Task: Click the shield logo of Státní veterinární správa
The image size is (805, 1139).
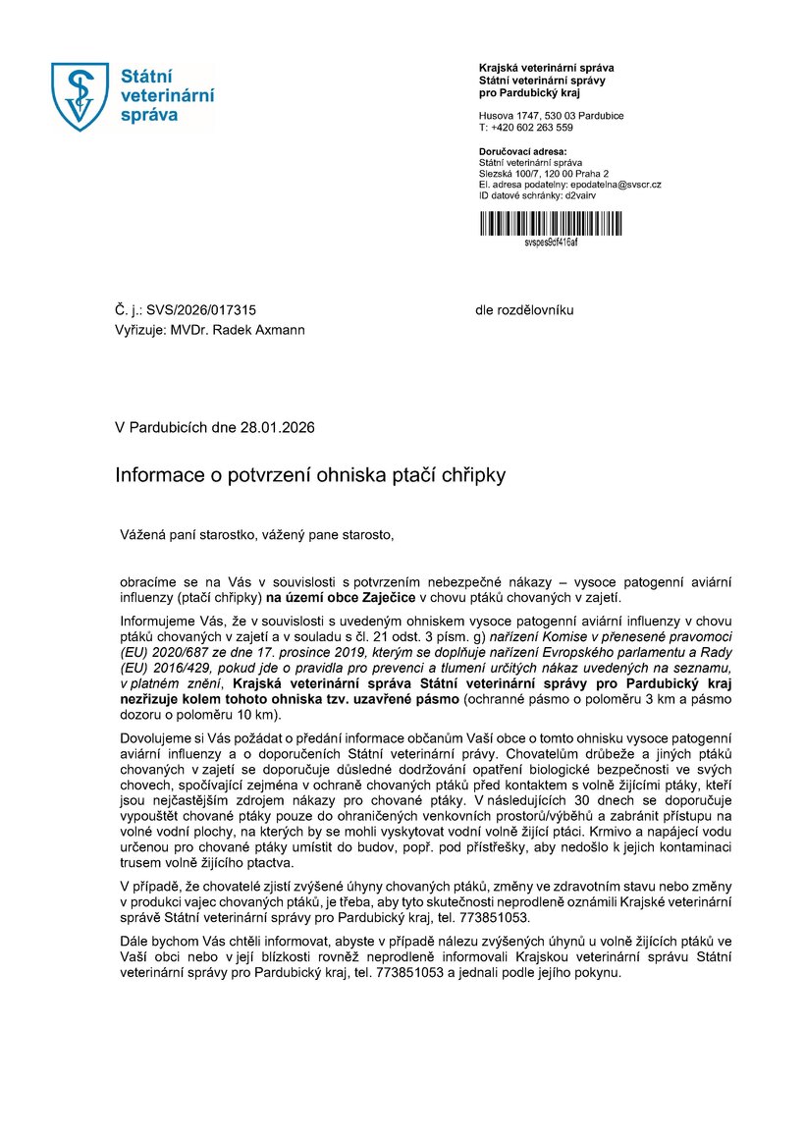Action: [x=80, y=95]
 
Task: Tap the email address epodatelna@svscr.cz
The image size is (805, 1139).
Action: [x=615, y=185]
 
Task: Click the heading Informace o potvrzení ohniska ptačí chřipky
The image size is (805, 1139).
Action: [x=310, y=475]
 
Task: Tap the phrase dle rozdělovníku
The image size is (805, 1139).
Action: [x=524, y=310]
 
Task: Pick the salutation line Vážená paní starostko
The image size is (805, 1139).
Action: [x=187, y=535]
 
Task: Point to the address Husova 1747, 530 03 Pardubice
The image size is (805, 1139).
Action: [x=551, y=116]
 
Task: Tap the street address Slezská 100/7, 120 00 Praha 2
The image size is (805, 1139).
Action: [x=544, y=174]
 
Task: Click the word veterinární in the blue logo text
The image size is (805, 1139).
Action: [x=166, y=95]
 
